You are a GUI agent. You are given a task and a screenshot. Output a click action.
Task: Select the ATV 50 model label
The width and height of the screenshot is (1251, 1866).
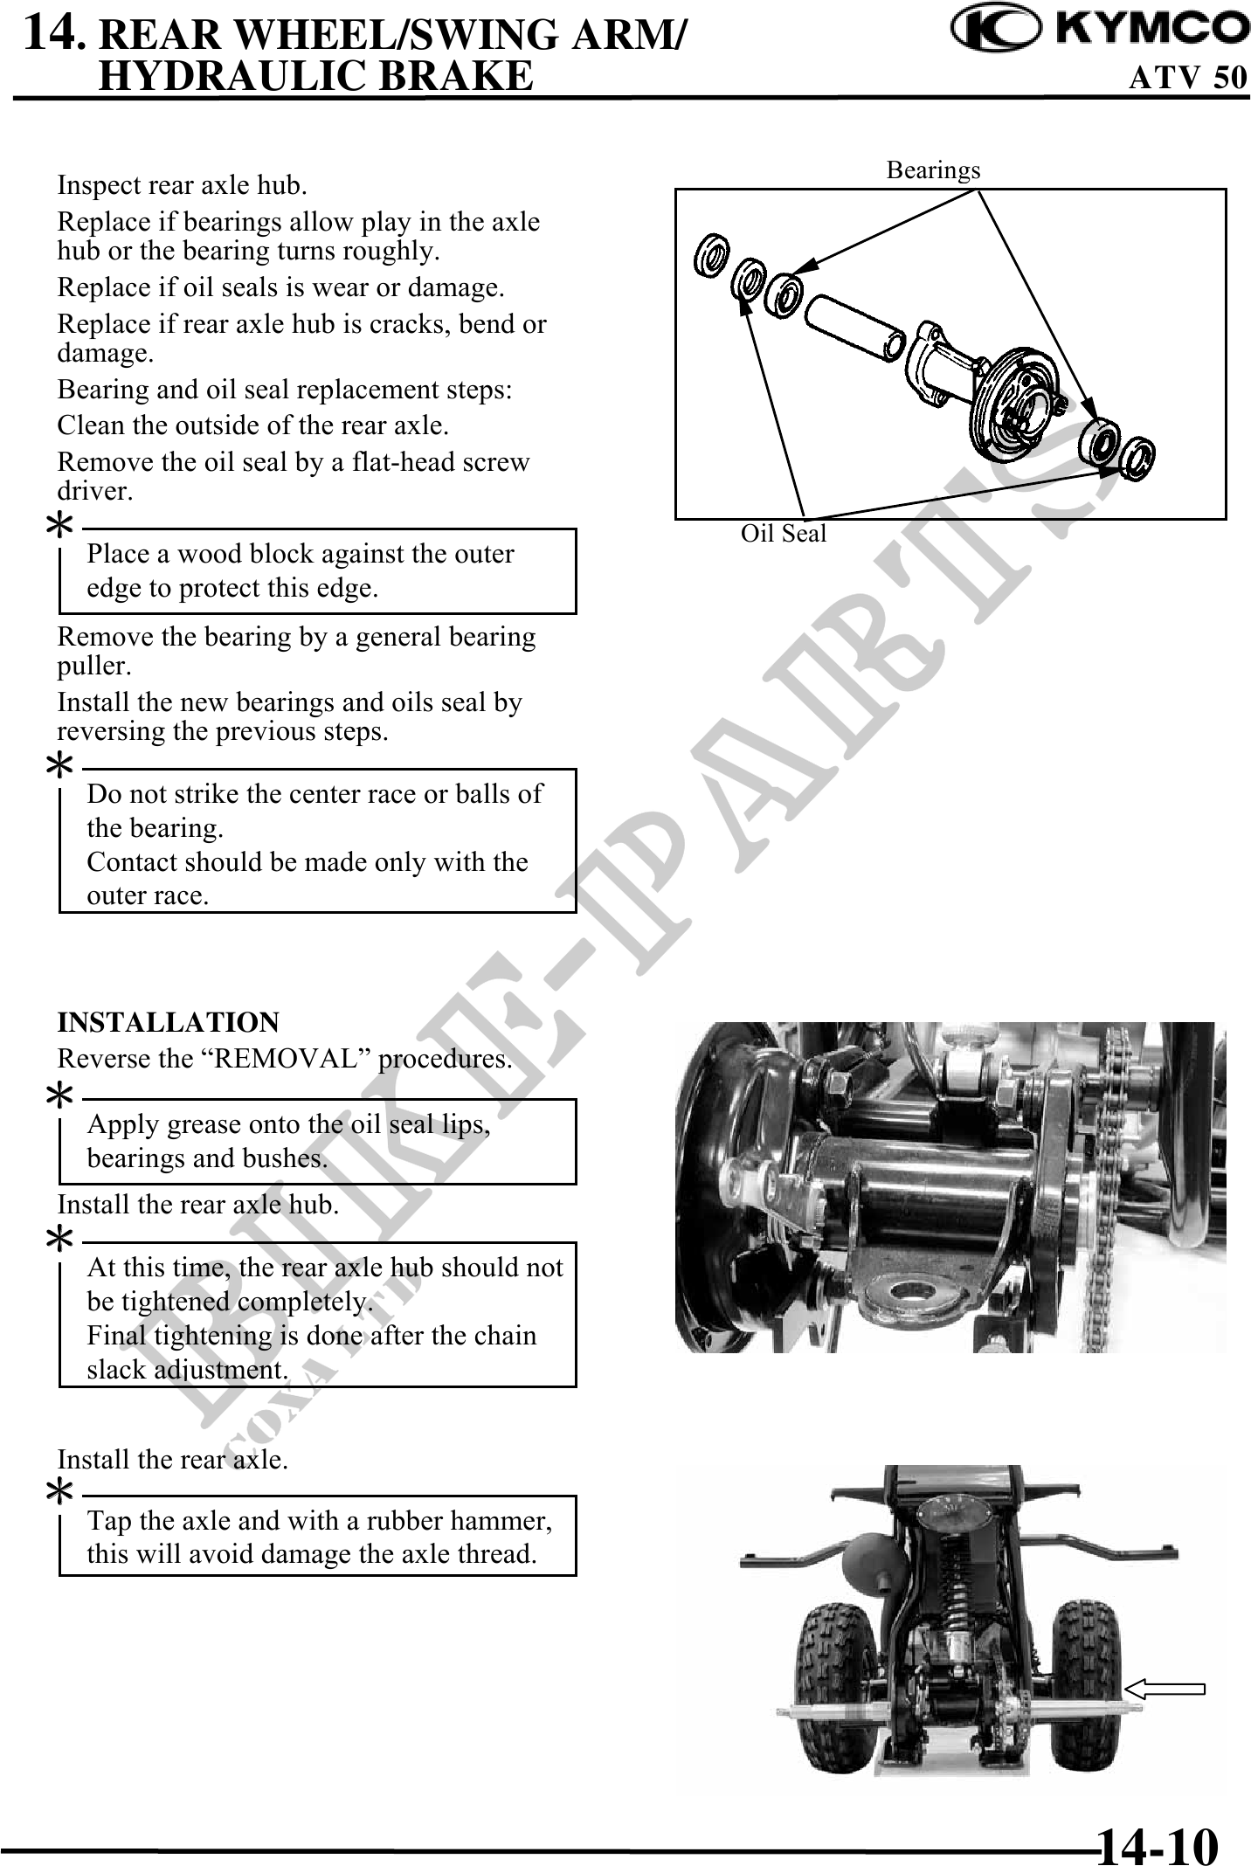(1188, 78)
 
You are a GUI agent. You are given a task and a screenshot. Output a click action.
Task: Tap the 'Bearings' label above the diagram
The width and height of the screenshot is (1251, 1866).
(933, 170)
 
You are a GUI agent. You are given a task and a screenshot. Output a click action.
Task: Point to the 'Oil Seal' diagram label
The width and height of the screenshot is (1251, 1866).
(783, 533)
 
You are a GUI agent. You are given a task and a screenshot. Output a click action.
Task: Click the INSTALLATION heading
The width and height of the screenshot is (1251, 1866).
(168, 1022)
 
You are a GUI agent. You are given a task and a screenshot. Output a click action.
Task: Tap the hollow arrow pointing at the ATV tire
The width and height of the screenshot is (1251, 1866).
(1165, 1689)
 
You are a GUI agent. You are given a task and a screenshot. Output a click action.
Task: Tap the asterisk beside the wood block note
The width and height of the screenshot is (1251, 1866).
(59, 526)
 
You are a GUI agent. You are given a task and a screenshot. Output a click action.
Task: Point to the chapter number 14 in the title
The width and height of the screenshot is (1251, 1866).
(52, 33)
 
